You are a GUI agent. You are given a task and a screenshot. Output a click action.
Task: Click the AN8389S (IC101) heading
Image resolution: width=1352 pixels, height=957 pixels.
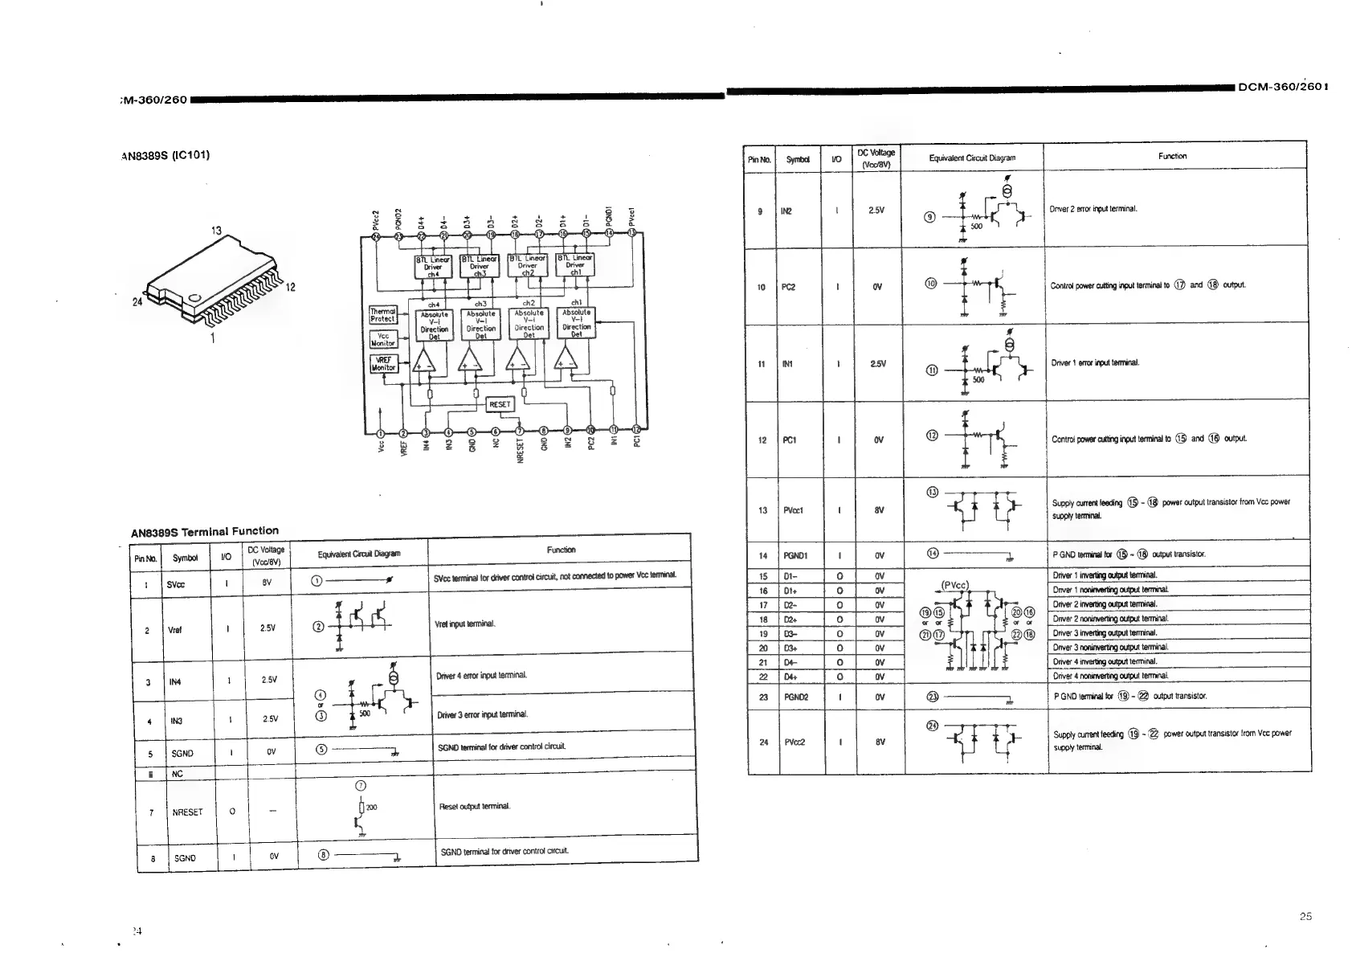pyautogui.click(x=165, y=154)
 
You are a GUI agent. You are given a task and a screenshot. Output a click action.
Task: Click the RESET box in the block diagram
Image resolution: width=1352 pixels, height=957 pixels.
pyautogui.click(x=500, y=404)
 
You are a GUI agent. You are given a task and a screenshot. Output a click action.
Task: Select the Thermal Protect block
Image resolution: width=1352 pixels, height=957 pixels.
pyautogui.click(x=382, y=315)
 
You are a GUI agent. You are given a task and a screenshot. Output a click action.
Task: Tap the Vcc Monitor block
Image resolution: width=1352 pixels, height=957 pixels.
pyautogui.click(x=382, y=339)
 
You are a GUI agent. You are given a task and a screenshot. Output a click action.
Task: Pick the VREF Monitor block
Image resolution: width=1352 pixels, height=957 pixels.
pyautogui.click(x=382, y=363)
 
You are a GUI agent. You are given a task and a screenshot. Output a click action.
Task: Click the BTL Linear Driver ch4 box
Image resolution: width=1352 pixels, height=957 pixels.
pyautogui.click(x=433, y=266)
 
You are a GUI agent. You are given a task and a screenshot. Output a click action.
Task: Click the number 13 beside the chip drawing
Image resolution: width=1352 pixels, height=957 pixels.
pyautogui.click(x=216, y=231)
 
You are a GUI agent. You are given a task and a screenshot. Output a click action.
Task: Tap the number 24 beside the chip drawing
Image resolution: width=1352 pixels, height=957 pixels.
pyautogui.click(x=137, y=303)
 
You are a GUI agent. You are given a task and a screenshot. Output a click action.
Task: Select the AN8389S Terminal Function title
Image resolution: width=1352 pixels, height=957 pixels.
pyautogui.click(x=205, y=531)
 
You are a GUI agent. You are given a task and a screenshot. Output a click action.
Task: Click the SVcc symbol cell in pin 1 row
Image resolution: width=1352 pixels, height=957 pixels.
pyautogui.click(x=175, y=584)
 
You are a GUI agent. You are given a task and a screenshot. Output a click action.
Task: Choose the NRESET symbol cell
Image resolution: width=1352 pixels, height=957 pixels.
pyautogui.click(x=187, y=812)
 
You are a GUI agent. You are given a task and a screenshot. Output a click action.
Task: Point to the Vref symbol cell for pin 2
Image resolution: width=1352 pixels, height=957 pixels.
pyautogui.click(x=174, y=630)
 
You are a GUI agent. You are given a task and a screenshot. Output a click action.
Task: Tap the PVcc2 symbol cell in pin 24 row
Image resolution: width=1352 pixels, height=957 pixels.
pyautogui.click(x=794, y=742)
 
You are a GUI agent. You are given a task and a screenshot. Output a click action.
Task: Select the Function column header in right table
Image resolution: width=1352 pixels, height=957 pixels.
pyautogui.click(x=1172, y=156)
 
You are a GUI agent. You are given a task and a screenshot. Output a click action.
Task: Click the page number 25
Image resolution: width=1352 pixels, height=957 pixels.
pyautogui.click(x=1305, y=916)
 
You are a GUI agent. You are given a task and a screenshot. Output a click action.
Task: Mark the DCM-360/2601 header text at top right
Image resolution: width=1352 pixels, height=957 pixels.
pyautogui.click(x=1282, y=87)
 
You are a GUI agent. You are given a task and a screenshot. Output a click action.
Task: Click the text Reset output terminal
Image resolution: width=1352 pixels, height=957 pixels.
pyautogui.click(x=474, y=806)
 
